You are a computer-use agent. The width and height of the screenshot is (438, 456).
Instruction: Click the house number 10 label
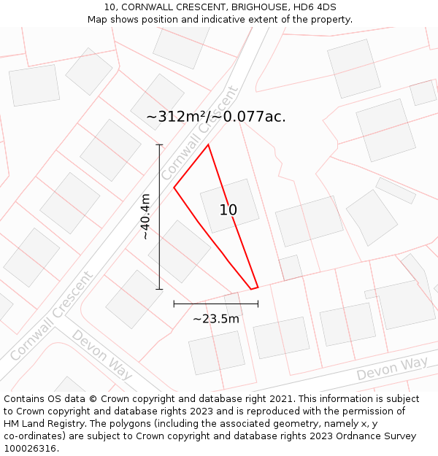(x=228, y=210)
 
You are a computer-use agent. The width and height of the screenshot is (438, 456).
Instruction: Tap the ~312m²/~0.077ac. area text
(x=216, y=116)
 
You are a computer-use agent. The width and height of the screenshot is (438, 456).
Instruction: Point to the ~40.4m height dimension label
(x=145, y=217)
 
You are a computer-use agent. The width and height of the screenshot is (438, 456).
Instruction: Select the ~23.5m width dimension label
(x=215, y=319)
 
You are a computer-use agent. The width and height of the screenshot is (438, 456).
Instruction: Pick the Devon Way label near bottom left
(x=102, y=355)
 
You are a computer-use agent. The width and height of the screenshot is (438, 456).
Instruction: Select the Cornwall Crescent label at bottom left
(x=52, y=316)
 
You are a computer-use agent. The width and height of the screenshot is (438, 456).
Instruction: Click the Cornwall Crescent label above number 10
(x=200, y=134)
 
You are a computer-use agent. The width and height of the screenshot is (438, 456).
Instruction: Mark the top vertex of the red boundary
(x=208, y=144)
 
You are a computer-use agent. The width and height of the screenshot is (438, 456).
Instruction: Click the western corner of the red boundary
(x=174, y=188)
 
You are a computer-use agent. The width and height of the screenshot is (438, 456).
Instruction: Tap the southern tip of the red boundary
(x=252, y=290)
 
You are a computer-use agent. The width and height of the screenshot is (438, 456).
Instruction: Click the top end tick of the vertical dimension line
(x=159, y=144)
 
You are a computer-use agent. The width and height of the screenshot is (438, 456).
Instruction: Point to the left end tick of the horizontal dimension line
(x=174, y=303)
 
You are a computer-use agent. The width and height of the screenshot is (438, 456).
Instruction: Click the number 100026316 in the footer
(x=31, y=448)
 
